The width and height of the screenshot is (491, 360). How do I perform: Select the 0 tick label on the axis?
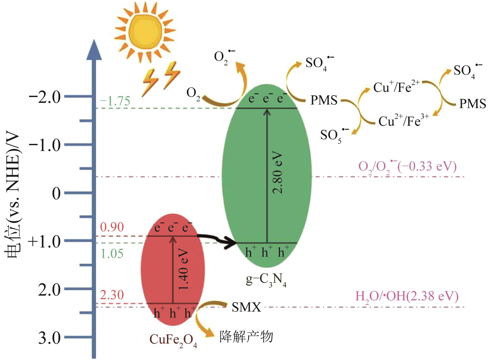[56, 194]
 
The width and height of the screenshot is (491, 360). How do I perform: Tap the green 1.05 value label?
[112, 254]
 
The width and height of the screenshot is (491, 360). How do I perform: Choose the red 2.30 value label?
[112, 295]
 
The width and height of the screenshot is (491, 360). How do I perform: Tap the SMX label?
[246, 307]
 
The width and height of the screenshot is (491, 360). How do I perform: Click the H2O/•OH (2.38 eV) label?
[407, 297]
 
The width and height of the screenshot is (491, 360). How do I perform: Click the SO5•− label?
[334, 135]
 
